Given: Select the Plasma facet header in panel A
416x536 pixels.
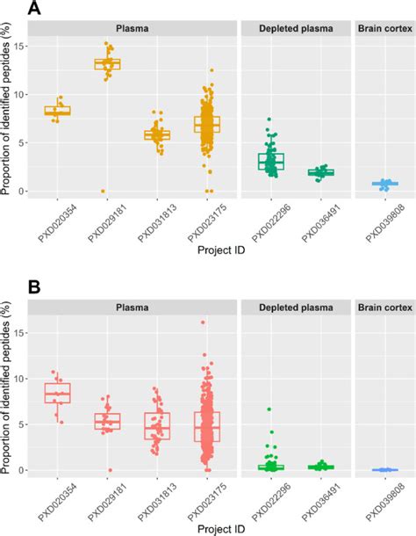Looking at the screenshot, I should click(132, 28).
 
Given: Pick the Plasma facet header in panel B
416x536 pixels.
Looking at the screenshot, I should click(132, 308).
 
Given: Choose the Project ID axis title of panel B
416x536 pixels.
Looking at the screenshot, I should click(207, 530).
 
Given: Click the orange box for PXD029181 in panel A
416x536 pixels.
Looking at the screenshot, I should click(107, 63).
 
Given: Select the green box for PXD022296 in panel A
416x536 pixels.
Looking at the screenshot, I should click(271, 161).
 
